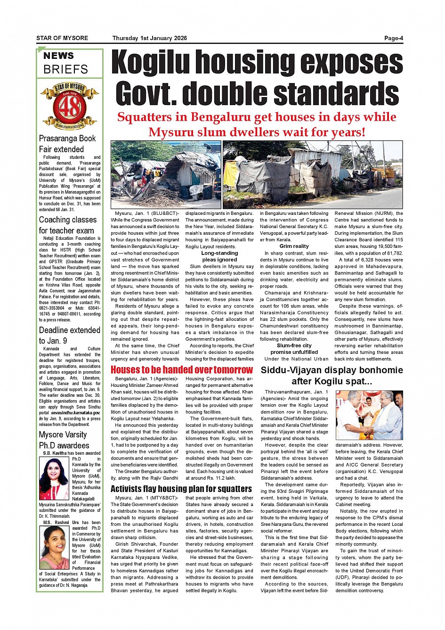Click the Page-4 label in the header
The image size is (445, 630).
(x=393, y=38)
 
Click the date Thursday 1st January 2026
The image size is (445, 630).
(x=149, y=38)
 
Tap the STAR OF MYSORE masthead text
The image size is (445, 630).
(x=62, y=38)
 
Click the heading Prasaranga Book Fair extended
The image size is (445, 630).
(x=67, y=144)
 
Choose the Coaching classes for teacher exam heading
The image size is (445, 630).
(x=67, y=225)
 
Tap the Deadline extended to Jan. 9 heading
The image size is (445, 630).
(x=69, y=335)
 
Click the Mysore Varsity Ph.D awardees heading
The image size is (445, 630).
(x=64, y=440)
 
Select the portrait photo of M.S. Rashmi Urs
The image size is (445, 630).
(x=55, y=548)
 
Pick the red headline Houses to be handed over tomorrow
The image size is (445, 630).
(x=182, y=370)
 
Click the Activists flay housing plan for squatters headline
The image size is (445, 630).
(x=181, y=489)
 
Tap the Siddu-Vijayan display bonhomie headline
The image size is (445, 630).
(x=332, y=375)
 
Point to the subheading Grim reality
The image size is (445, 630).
(x=294, y=246)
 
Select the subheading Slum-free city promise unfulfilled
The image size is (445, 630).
(x=294, y=349)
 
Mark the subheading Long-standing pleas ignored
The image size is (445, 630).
(x=219, y=256)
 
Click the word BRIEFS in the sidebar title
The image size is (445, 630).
(x=65, y=69)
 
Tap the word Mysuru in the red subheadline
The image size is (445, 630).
(x=170, y=132)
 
